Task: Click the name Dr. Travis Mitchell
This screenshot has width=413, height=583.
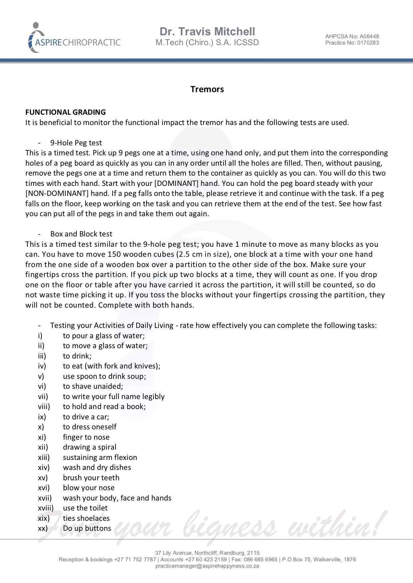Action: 207,32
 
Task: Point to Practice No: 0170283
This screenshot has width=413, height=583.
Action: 352,43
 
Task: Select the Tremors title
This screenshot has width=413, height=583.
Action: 207,89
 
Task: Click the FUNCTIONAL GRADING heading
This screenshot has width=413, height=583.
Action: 66,112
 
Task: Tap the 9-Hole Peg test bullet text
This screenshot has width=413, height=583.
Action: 76,143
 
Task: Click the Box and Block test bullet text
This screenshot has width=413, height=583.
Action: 81,234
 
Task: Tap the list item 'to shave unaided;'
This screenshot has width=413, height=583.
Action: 93,386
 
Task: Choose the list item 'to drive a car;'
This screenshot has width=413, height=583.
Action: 86,417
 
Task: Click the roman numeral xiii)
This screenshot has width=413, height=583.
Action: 44,457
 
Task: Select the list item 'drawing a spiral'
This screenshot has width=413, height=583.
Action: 90,447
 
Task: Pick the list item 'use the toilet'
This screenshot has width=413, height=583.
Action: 85,508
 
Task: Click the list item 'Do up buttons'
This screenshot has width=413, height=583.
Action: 87,528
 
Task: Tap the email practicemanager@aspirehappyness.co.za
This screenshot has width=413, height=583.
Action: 207,566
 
